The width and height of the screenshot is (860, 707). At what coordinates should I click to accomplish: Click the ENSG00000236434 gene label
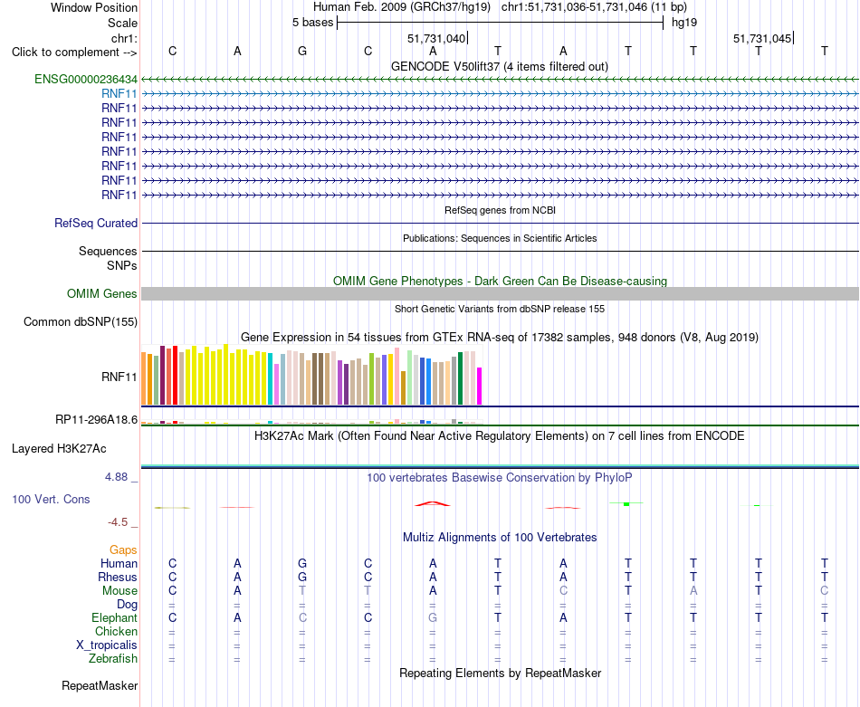(86, 79)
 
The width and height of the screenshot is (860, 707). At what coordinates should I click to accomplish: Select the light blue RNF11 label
(119, 94)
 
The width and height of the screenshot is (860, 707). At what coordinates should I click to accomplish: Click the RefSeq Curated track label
(96, 224)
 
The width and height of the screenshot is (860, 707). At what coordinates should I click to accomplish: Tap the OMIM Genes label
(102, 293)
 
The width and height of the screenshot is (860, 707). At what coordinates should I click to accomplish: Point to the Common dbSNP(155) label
(81, 322)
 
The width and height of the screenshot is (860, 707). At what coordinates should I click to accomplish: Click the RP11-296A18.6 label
(97, 420)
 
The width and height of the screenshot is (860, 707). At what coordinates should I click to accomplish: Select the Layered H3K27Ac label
(59, 449)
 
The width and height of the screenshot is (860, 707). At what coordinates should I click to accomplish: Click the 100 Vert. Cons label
(51, 499)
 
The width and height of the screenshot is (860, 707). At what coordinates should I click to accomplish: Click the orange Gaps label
(123, 549)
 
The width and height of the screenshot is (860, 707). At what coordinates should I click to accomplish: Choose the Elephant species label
(115, 617)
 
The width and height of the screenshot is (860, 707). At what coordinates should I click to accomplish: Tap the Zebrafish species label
(113, 658)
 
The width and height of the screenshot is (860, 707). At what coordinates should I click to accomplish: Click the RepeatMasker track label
(100, 685)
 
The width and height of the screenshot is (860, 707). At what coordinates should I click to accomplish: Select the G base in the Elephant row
(433, 617)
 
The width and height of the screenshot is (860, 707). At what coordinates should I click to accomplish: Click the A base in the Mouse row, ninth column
(693, 591)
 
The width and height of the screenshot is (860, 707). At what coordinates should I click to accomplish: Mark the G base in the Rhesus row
(302, 577)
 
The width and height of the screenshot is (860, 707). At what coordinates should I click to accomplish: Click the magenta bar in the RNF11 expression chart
(480, 387)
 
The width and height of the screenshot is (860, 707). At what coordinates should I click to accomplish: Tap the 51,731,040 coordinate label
(436, 38)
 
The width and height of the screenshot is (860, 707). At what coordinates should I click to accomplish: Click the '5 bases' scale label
(312, 23)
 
